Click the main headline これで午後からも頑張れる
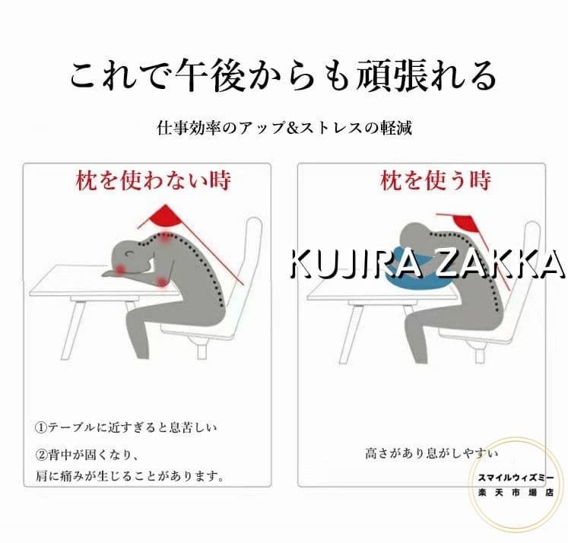[x=284, y=76]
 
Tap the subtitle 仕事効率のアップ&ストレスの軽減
[x=284, y=128]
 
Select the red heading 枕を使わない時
[x=154, y=180]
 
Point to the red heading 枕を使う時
[x=436, y=180]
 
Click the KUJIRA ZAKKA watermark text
[x=427, y=264]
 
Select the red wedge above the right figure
[x=465, y=223]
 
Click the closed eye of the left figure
[x=129, y=253]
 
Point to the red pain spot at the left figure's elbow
[x=162, y=281]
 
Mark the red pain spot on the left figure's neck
[x=165, y=237]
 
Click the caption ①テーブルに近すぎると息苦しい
[x=125, y=427]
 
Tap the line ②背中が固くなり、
[x=87, y=454]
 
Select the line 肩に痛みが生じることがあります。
[x=130, y=475]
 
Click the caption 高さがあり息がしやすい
[x=431, y=453]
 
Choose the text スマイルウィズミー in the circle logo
[x=516, y=478]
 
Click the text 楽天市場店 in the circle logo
[x=516, y=493]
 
